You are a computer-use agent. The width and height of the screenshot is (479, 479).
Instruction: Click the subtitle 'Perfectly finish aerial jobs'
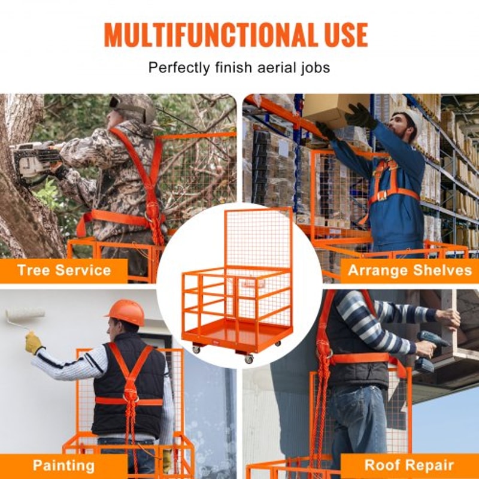click(239, 67)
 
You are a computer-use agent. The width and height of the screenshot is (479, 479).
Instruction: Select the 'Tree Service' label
click(64, 270)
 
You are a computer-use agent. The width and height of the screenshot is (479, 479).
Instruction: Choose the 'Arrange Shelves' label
click(410, 270)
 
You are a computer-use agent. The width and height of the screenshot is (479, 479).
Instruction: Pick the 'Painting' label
click(63, 465)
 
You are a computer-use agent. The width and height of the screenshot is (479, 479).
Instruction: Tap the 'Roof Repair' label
click(410, 465)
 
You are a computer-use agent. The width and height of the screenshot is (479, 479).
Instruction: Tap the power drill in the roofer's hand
click(431, 347)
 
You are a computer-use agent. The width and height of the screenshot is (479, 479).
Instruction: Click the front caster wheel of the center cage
click(248, 359)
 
